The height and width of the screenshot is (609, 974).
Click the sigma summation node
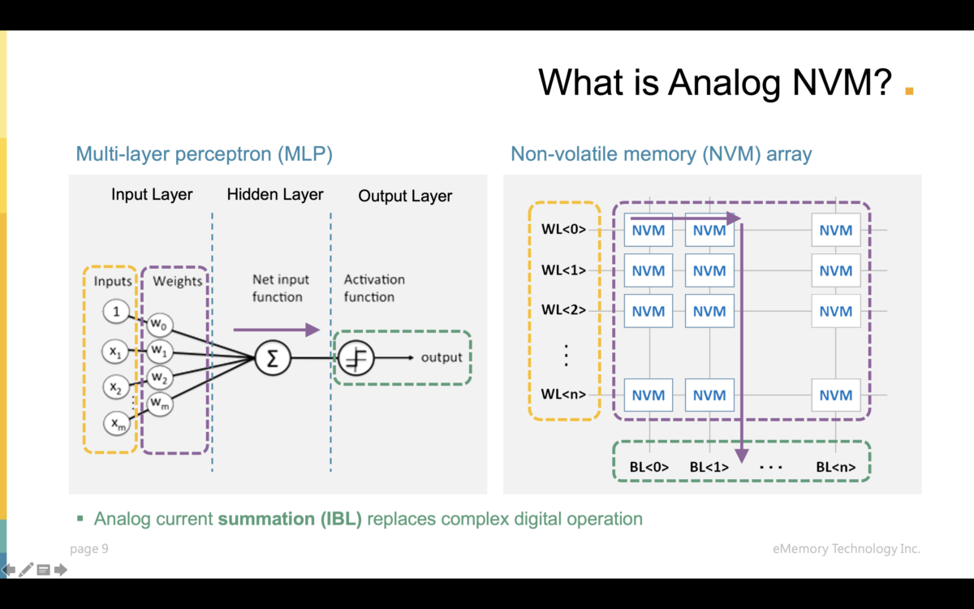coord(273,358)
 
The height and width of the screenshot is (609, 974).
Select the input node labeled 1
coord(117,312)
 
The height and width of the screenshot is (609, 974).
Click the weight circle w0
coord(159,325)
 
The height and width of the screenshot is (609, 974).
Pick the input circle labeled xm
coord(117,422)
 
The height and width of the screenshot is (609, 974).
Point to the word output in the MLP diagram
coord(441,357)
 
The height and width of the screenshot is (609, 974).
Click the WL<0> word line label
coord(563,230)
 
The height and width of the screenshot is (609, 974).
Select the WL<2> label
coord(563,310)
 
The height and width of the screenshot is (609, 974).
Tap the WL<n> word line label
coord(563,395)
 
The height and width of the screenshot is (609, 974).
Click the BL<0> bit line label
coord(649,467)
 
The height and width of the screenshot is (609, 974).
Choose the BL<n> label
coord(835,467)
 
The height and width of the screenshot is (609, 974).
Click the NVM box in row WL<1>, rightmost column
coord(835,270)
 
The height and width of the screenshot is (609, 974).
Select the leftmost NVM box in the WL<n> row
coord(649,395)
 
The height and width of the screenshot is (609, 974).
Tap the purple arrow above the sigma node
coord(276,330)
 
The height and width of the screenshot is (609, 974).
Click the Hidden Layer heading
coord(275,195)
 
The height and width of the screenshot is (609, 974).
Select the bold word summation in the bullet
coord(260,519)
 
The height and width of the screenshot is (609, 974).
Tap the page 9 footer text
coord(89,549)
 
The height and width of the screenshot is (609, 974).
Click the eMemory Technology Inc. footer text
coord(847,549)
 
